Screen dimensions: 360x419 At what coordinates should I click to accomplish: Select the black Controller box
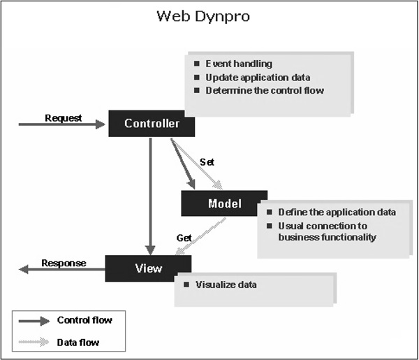pos(152,124)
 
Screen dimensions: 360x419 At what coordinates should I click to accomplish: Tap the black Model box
pos(224,203)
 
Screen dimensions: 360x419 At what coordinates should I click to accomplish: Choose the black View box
pos(148,268)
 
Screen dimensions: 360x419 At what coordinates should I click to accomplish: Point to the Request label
pos(63,117)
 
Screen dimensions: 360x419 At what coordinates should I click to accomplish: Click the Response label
pos(64,263)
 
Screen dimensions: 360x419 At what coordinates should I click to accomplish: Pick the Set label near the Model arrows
pos(207,161)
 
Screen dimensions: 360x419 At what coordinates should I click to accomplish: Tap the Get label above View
pos(184,238)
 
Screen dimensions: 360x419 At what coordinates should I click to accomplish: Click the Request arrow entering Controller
pos(63,125)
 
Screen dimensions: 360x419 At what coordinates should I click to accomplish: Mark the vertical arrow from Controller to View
pos(149,196)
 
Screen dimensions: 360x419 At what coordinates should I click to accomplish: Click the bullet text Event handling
pos(237,64)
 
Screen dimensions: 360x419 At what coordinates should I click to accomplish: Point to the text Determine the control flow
pos(264,90)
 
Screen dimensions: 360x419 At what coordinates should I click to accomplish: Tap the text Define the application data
pos(337,212)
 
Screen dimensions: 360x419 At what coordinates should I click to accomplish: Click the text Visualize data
pos(226,285)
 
